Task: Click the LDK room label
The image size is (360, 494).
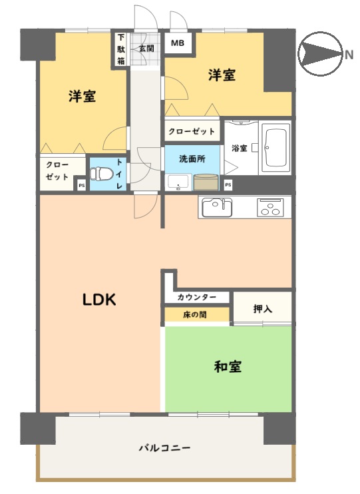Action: click(x=99, y=300)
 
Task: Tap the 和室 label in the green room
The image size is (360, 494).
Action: click(x=228, y=367)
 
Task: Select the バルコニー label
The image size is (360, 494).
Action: click(x=165, y=447)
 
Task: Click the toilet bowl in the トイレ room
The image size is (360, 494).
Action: click(x=102, y=174)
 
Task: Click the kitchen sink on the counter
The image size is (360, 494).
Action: click(x=217, y=207)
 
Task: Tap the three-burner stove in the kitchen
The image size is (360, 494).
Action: click(x=270, y=207)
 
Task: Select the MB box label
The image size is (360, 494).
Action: click(x=178, y=43)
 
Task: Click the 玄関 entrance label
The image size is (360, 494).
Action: click(x=147, y=48)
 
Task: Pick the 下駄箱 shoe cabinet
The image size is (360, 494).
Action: click(x=121, y=49)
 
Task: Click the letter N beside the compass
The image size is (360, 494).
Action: click(x=349, y=55)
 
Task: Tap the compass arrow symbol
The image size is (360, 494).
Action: click(x=320, y=53)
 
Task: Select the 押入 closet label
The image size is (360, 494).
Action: click(x=263, y=309)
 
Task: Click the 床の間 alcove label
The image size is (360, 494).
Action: click(x=195, y=314)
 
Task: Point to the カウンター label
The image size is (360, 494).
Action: click(x=197, y=297)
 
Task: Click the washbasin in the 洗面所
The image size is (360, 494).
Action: click(x=178, y=182)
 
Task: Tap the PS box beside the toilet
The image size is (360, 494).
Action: click(x=82, y=186)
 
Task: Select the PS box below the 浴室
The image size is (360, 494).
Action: click(x=228, y=185)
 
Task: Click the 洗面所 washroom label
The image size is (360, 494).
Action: click(x=192, y=158)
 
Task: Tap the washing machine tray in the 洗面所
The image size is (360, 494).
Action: click(x=206, y=182)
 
